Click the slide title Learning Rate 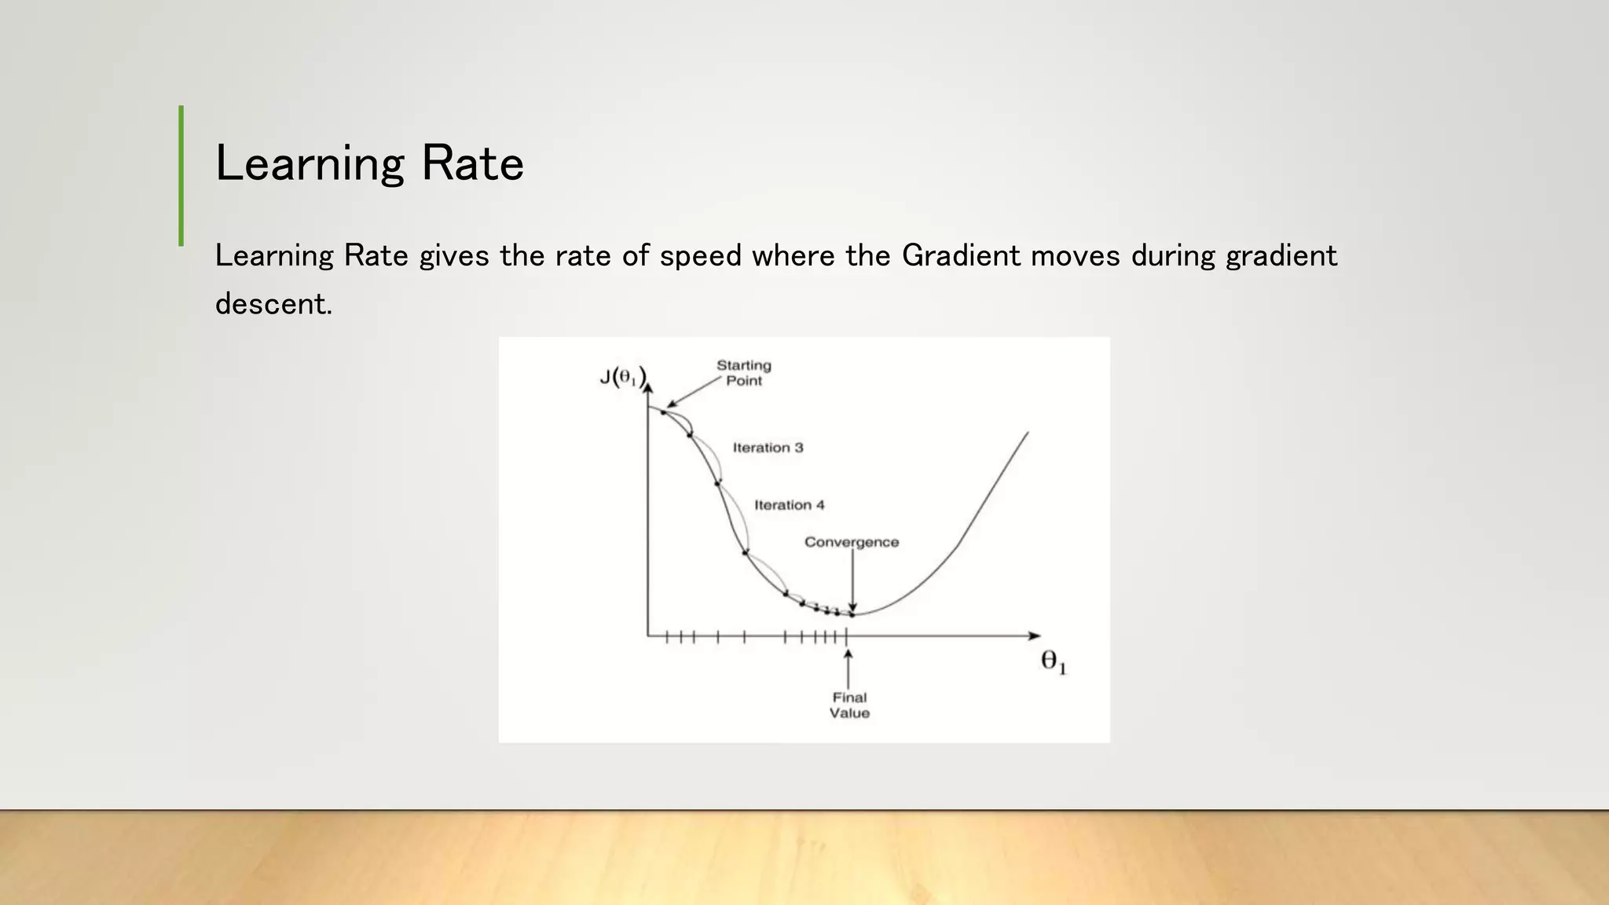click(x=369, y=163)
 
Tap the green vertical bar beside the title click(x=181, y=176)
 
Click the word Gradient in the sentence click(x=961, y=256)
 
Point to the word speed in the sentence click(x=700, y=256)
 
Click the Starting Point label click(x=743, y=373)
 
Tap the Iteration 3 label click(x=768, y=448)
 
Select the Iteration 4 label click(x=789, y=505)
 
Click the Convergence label click(x=851, y=542)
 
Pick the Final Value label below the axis click(x=849, y=705)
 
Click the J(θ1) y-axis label click(x=622, y=378)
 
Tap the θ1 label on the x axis click(x=1054, y=663)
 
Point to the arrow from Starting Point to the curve click(x=693, y=392)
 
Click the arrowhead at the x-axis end click(x=1035, y=636)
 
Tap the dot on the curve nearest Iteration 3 click(x=717, y=483)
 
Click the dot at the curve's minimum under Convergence click(x=852, y=614)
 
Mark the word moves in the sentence click(x=1075, y=256)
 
